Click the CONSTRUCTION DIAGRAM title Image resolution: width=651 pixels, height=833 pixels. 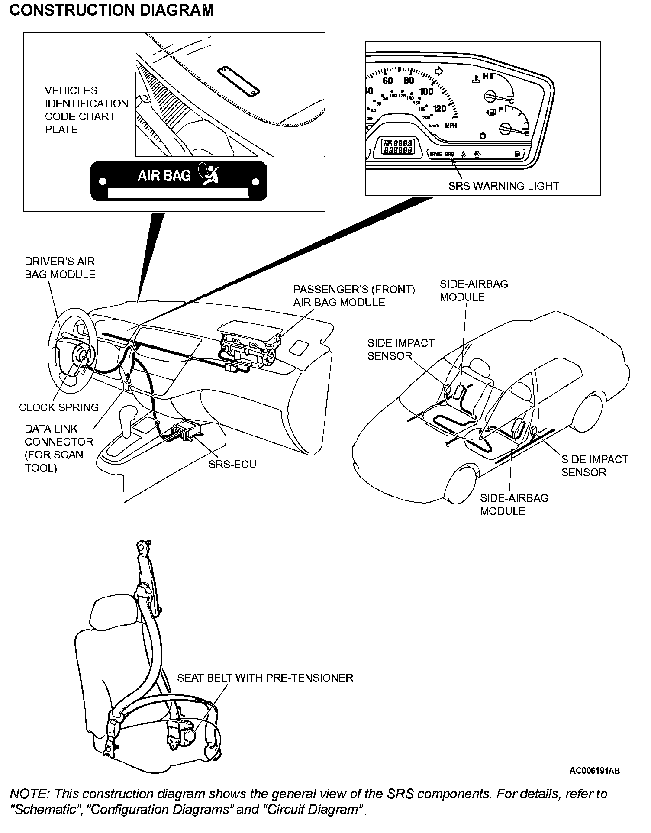(112, 10)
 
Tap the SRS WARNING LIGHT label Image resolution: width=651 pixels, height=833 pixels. (503, 186)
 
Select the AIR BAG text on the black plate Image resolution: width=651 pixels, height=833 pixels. (164, 175)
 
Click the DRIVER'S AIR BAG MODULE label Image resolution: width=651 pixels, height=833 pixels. (60, 268)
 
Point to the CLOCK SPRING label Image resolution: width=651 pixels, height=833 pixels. (59, 407)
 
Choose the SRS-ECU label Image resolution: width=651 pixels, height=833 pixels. (232, 465)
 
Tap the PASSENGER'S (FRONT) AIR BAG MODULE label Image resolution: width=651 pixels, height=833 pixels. (354, 296)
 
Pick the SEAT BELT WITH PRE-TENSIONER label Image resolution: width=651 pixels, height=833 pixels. (265, 678)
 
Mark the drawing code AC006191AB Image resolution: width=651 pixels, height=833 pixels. (594, 771)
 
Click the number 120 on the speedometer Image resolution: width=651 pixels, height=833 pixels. (439, 109)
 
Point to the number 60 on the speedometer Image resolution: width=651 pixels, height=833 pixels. (387, 81)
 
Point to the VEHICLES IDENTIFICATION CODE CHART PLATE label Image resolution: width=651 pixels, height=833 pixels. (86, 110)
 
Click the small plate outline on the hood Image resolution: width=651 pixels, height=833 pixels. (238, 81)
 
